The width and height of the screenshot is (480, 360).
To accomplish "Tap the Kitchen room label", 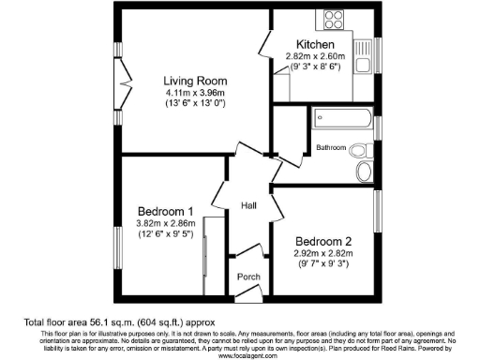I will tap(316, 45).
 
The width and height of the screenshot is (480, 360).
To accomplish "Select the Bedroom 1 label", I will tap(165, 210).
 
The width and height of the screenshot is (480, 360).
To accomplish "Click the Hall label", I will tap(249, 205).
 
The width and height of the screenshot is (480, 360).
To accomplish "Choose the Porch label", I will tap(247, 277).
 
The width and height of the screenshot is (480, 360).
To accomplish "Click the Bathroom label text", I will tap(331, 148).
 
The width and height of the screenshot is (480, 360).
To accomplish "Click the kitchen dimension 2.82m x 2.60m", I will tap(316, 56).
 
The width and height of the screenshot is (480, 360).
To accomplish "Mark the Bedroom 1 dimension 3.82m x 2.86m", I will tap(165, 223).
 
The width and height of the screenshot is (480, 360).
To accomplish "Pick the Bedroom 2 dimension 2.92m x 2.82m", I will tap(321, 252).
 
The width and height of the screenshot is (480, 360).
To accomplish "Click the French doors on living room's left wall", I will tap(119, 94).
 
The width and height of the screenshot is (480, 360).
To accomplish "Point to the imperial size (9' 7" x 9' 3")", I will tap(321, 264).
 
